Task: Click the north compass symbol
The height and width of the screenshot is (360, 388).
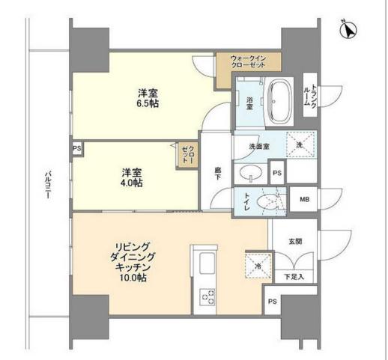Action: [x=347, y=30]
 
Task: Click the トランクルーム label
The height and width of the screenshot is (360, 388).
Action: [x=313, y=97]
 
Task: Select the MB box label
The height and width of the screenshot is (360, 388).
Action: [x=304, y=199]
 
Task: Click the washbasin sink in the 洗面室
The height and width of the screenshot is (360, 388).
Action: [x=249, y=173]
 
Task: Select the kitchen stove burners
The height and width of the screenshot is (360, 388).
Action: [x=207, y=296]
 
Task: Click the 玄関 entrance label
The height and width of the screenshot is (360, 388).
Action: [x=295, y=241]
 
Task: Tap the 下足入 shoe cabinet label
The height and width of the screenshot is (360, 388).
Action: [x=294, y=278]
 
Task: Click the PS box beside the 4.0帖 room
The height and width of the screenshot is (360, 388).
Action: [x=76, y=148]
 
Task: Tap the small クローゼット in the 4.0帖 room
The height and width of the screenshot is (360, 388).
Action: [x=187, y=154]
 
